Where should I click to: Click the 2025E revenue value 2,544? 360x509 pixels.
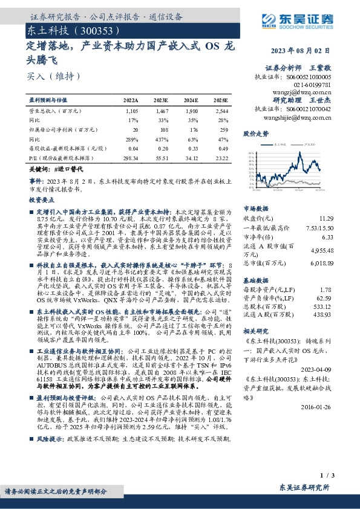point(221,112)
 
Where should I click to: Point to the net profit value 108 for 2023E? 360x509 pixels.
point(163,129)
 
